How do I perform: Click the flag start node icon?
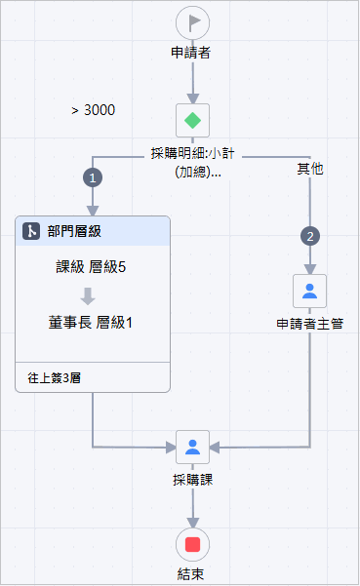click(x=193, y=20)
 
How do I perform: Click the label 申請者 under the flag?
click(x=193, y=52)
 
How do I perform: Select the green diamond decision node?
click(x=193, y=121)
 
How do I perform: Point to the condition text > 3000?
click(x=94, y=110)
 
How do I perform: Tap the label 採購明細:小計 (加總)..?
click(x=193, y=162)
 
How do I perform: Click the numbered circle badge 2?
click(x=310, y=236)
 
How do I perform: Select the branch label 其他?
click(x=310, y=169)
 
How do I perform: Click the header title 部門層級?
click(x=74, y=231)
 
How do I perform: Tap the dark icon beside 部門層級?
click(x=31, y=231)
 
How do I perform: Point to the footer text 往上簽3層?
click(x=55, y=376)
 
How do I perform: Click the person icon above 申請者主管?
click(x=309, y=291)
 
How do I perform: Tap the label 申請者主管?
click(x=309, y=324)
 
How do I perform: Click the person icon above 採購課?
click(x=193, y=447)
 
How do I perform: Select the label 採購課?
click(x=193, y=480)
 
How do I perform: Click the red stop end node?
click(x=193, y=544)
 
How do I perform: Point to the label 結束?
click(x=193, y=574)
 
